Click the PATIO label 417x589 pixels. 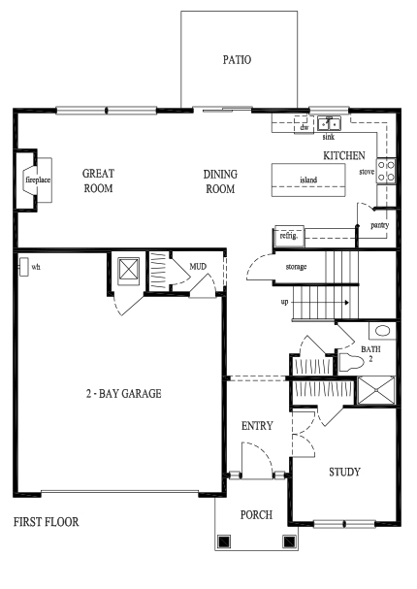(237, 60)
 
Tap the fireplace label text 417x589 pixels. (38, 180)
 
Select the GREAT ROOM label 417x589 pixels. (98, 180)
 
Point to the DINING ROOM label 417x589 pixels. (220, 181)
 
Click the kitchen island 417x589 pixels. (308, 180)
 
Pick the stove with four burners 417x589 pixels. (386, 171)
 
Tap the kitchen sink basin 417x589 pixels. (329, 123)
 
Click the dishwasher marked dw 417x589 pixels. (304, 125)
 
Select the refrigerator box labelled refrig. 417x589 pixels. (289, 236)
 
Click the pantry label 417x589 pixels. (379, 225)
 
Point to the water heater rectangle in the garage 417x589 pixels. (23, 267)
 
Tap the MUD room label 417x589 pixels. (198, 266)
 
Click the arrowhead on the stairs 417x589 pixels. (347, 303)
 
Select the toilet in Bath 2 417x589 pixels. (351, 363)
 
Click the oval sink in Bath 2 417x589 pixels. (383, 331)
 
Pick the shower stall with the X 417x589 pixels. (376, 391)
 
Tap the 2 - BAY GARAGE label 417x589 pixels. (124, 394)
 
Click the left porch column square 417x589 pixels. (224, 540)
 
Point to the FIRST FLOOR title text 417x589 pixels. (47, 522)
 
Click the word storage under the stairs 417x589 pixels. (296, 267)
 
